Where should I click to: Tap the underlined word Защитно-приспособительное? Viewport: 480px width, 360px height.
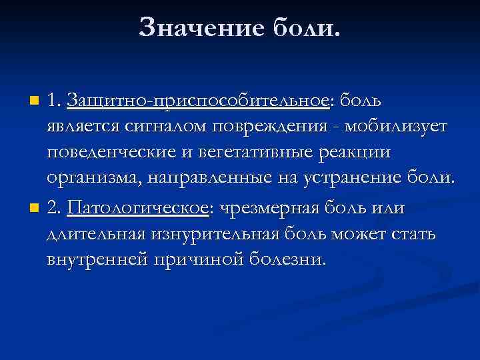199,101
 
